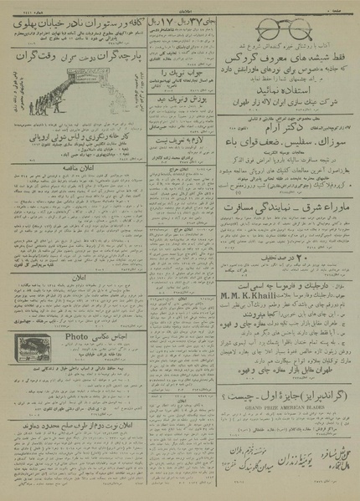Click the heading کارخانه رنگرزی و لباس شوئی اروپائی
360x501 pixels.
66,155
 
